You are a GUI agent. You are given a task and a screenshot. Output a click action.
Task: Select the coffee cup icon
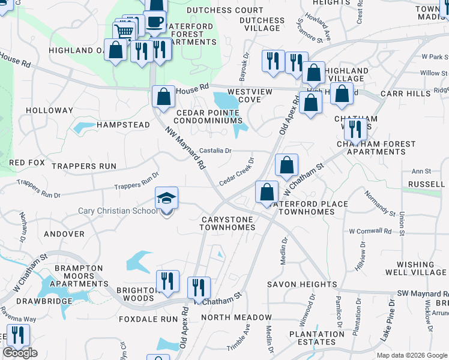click(x=155, y=22)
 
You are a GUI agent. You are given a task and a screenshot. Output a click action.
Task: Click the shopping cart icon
click(x=124, y=32)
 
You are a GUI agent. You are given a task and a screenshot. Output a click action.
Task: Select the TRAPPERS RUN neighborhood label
click(x=83, y=166)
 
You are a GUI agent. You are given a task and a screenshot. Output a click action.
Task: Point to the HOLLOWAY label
click(x=49, y=110)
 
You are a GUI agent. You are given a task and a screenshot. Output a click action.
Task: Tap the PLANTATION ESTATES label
click(x=317, y=338)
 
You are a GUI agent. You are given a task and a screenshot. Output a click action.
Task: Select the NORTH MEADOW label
click(x=237, y=317)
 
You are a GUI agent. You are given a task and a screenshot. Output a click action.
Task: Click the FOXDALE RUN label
click(x=145, y=319)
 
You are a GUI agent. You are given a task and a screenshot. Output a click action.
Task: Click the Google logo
click(x=20, y=353)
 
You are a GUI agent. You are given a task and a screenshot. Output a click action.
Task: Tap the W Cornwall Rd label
click(x=369, y=230)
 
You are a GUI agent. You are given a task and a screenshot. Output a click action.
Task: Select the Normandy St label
click(x=380, y=203)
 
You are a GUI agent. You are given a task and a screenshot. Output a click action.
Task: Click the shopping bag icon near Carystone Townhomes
click(x=267, y=192)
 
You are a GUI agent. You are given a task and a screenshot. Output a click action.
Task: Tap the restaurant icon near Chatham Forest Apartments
click(x=355, y=129)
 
